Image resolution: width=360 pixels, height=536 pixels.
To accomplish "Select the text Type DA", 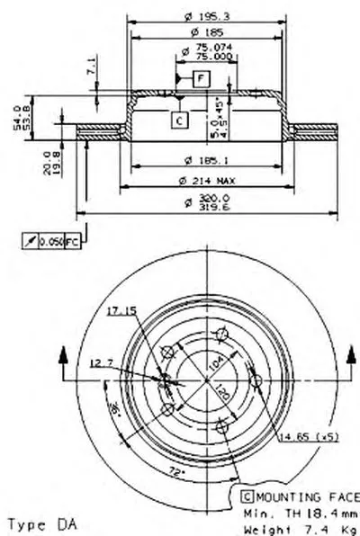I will pos(40,523).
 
